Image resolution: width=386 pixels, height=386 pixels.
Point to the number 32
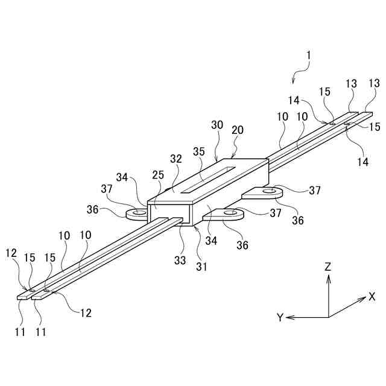[x=176, y=160]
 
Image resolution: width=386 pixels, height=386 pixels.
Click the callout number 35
[x=198, y=151]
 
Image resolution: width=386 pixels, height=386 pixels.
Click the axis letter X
[x=372, y=296]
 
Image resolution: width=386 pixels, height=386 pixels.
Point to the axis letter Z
[x=328, y=265]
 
